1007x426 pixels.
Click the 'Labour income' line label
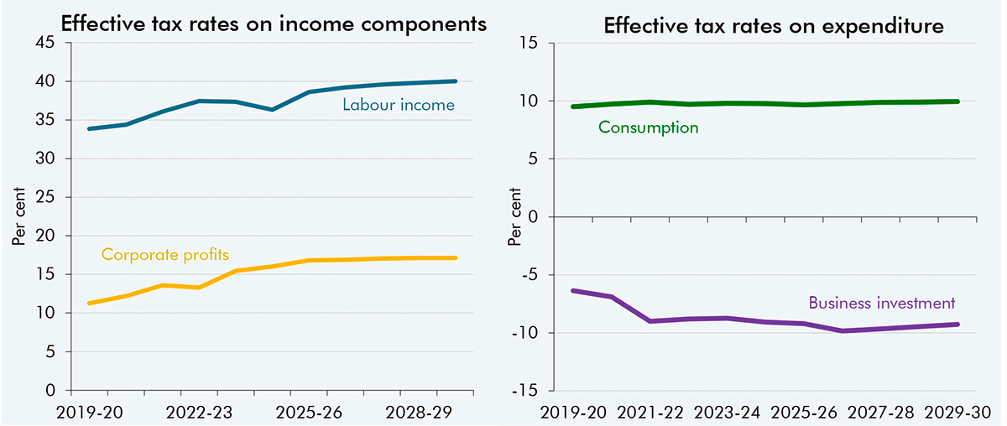point(398,106)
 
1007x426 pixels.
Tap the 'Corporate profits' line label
point(165,253)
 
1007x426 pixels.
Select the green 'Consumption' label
point(648,128)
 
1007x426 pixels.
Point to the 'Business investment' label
point(882,303)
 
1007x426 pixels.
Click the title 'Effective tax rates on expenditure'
point(774,26)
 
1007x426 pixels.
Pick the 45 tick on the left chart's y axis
point(44,43)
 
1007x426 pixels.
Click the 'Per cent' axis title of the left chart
point(18,216)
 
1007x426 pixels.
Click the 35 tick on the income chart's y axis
point(44,120)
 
